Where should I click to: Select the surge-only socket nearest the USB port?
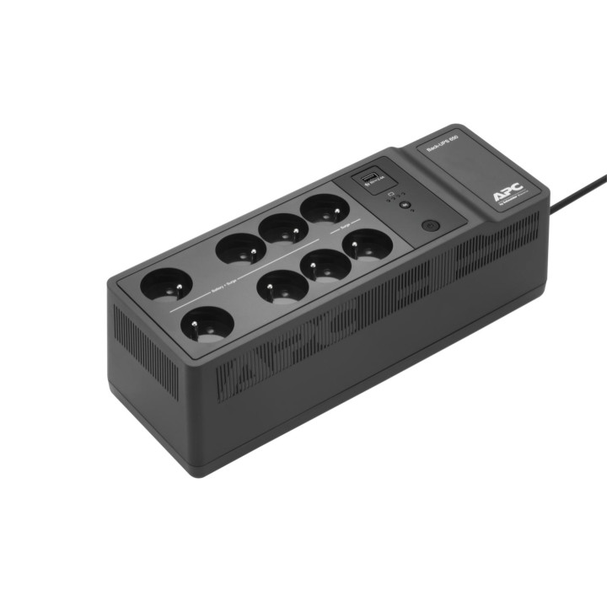click(x=325, y=208)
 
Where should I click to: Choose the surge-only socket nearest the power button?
click(x=368, y=245)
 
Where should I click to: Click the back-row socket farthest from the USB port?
click(x=166, y=284)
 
